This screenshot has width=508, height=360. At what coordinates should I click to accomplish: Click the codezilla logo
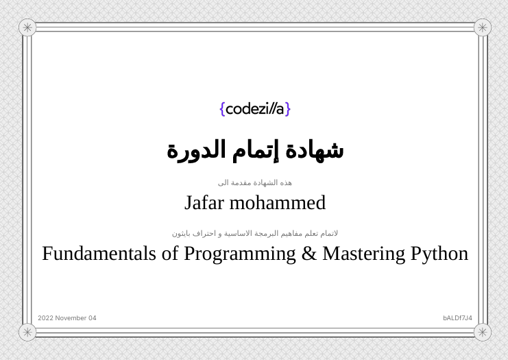pos(255,109)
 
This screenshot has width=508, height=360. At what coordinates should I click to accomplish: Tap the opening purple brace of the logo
pos(222,109)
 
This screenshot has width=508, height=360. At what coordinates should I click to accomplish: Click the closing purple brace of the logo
pos(288,109)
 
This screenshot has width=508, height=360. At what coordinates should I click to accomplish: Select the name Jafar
pos(204,203)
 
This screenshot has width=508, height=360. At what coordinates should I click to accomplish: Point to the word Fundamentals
pos(99,254)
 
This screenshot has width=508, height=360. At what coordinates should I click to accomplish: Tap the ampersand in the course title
pos(309,254)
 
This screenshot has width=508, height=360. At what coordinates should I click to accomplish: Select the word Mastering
pos(363,254)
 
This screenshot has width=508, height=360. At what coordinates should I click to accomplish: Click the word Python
pos(439,254)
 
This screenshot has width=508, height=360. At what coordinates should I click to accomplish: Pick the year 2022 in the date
pos(45,318)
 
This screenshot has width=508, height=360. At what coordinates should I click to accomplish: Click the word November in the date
pos(71,318)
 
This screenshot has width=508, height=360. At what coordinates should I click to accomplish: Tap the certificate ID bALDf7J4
pos(457,318)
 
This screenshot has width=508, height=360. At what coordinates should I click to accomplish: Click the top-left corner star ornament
pos(27,27)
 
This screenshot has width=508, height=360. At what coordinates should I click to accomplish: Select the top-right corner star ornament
pos(483,27)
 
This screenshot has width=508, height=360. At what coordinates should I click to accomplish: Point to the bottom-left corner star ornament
pos(27,332)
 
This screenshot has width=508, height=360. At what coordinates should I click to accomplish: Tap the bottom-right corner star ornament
pos(483,332)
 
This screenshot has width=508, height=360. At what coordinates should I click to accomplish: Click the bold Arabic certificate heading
pos(255,149)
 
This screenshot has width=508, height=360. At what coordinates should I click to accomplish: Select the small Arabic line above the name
pos(255,182)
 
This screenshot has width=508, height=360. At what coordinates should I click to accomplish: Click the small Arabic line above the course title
pos(255,233)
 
